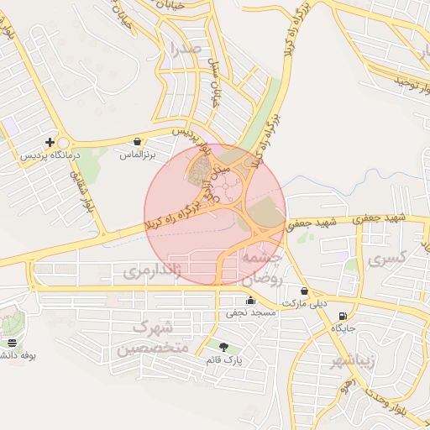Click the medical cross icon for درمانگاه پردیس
click(x=50, y=142)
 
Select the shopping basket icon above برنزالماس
click(x=138, y=142)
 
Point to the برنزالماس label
click(x=138, y=155)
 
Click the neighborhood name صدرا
click(x=186, y=48)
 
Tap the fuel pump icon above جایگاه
click(x=342, y=317)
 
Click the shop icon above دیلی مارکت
click(x=304, y=291)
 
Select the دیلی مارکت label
click(x=304, y=303)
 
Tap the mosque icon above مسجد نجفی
click(x=249, y=301)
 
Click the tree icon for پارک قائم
click(x=223, y=347)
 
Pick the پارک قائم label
click(x=224, y=359)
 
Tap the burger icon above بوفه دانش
click(x=12, y=343)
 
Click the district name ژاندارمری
click(x=152, y=272)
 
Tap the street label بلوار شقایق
click(x=85, y=190)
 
